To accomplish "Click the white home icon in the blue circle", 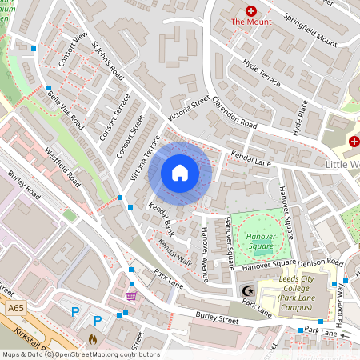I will click(180, 173).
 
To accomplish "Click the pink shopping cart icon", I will click(130, 294).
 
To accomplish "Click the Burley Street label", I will click(218, 318).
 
